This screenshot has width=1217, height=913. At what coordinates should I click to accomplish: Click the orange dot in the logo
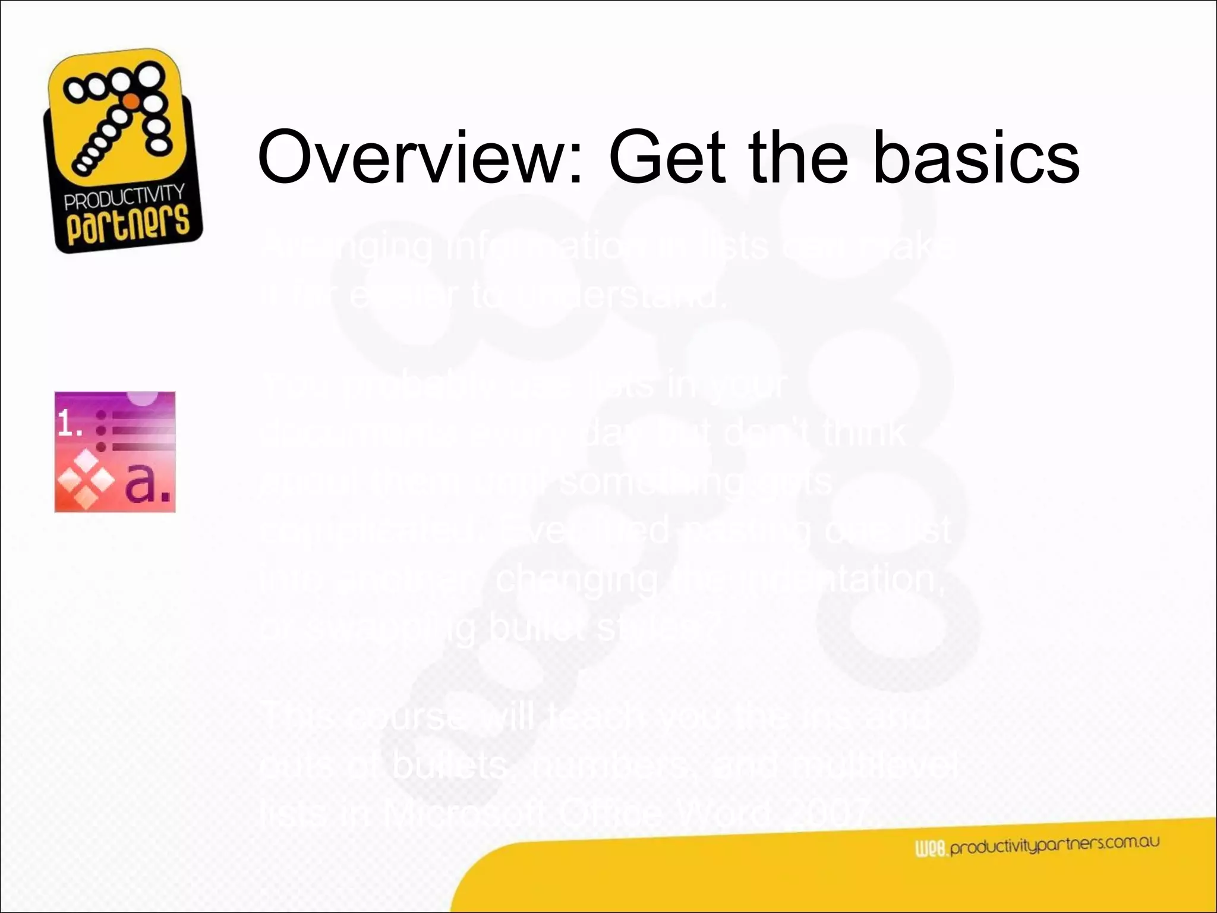click(x=133, y=102)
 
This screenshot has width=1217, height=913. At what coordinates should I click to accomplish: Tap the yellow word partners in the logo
click(x=128, y=225)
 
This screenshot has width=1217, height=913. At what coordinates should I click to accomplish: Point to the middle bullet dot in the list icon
click(x=102, y=430)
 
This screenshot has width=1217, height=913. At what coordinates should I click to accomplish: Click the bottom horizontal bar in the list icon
click(x=143, y=446)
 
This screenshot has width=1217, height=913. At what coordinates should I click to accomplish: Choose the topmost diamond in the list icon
click(x=87, y=459)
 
